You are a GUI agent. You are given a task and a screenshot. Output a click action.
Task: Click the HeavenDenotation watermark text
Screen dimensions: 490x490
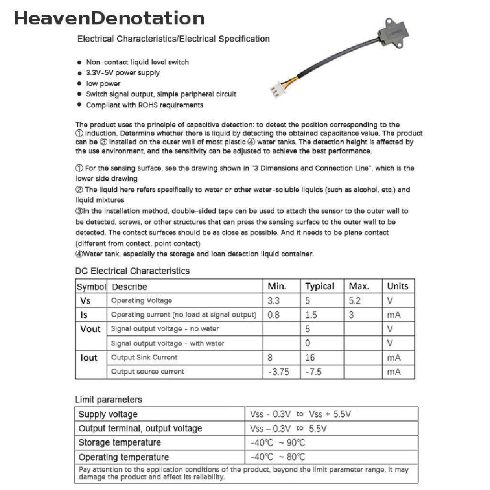[x=109, y=18]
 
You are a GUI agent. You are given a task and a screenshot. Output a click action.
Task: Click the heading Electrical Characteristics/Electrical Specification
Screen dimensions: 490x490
[x=173, y=39]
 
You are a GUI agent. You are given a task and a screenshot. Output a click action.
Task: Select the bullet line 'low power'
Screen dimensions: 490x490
[x=103, y=83]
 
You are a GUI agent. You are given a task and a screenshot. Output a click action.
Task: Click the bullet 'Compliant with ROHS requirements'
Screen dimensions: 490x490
[x=145, y=105]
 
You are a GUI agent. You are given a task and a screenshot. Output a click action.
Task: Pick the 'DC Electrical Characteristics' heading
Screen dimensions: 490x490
[x=133, y=271]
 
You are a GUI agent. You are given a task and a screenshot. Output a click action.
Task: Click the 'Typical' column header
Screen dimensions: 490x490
[x=320, y=286]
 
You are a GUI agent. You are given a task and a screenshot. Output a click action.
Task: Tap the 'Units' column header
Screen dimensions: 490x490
[x=397, y=286]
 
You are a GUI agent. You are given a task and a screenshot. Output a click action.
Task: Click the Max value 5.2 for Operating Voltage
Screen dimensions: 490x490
[x=355, y=301]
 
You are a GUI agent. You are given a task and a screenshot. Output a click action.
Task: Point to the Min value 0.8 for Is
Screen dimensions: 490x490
[x=274, y=315]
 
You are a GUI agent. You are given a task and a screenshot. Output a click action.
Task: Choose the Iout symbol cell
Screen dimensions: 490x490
[x=89, y=357]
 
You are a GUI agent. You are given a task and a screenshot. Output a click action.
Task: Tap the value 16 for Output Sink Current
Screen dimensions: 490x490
[x=310, y=357]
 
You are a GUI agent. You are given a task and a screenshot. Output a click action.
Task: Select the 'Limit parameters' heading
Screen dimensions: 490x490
[x=109, y=400]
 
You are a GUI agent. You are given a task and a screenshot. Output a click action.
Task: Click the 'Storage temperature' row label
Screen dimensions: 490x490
[x=120, y=443]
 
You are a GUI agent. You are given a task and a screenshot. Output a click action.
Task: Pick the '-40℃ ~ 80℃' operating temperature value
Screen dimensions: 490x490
[x=278, y=457]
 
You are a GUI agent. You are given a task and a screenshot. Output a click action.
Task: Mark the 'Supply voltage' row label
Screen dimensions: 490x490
[x=108, y=414]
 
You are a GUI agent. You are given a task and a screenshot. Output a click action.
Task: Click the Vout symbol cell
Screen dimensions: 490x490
[x=90, y=329]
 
